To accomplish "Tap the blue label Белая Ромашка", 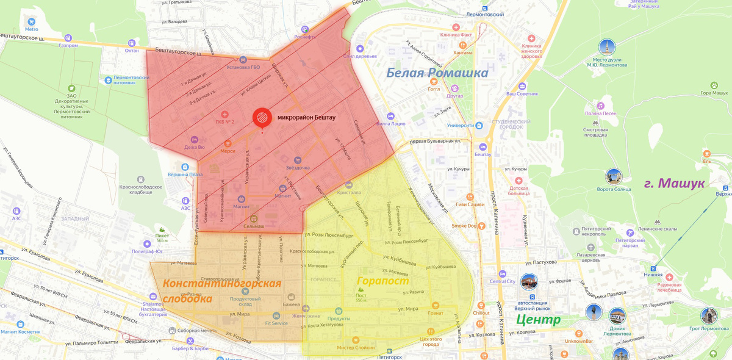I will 437,73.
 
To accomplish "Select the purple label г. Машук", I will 674,183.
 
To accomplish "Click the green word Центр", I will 537,319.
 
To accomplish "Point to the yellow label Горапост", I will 382,282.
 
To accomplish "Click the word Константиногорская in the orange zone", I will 222,284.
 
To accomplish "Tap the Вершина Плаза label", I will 185,175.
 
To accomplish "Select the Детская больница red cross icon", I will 518,181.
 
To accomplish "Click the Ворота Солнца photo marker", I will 614,177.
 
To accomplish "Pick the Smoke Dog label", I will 464,226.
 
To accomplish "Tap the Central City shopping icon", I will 502,273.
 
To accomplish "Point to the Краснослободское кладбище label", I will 127,189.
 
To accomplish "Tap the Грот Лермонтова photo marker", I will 708,315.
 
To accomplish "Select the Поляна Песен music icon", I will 601,106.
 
